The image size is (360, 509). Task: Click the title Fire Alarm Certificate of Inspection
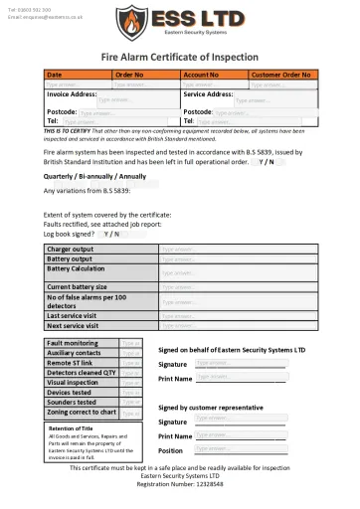(x=180, y=59)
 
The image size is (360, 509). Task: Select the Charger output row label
(x=71, y=249)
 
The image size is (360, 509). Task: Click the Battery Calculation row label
(x=76, y=268)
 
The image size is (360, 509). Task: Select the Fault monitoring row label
(x=75, y=342)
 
